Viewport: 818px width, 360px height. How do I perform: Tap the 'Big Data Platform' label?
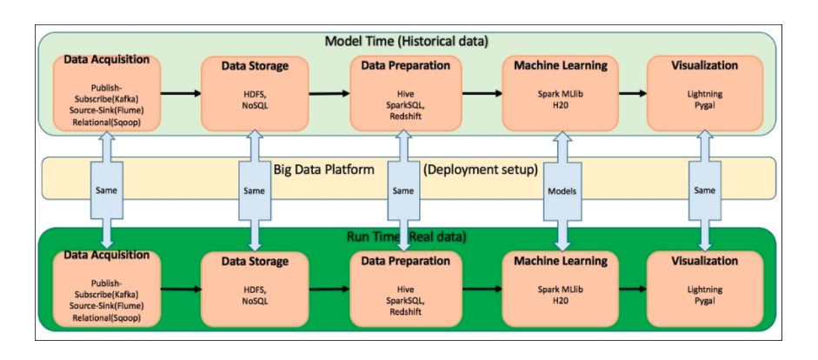[x=323, y=169]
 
